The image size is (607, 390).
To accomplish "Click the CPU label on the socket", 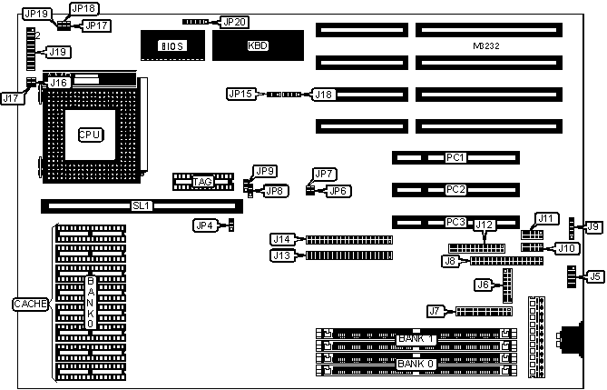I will [89, 135].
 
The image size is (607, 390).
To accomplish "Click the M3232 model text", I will [487, 45].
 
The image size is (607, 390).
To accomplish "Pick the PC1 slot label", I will [455, 158].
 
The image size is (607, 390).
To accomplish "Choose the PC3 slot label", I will [455, 222].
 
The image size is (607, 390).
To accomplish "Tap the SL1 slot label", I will [141, 206].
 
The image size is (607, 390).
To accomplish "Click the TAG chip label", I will [202, 183].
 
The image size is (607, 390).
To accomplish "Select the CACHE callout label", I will [29, 304].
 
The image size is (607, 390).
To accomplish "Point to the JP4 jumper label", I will [205, 225].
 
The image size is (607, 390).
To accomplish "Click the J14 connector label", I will [281, 240].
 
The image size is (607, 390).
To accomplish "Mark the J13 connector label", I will [281, 255].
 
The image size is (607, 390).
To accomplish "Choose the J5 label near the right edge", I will [594, 276].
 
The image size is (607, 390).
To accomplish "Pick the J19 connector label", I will [57, 52].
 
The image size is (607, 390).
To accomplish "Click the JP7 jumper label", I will [325, 174].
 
